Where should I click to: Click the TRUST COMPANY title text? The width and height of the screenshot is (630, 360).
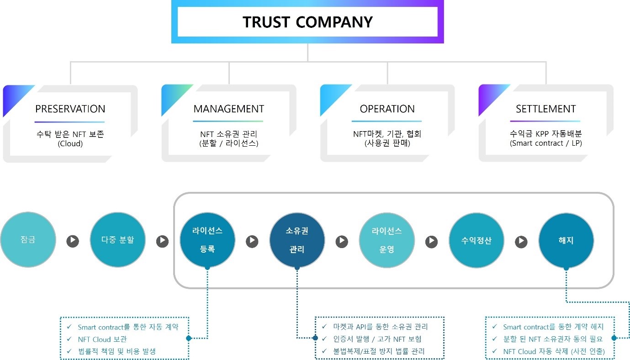point(307,22)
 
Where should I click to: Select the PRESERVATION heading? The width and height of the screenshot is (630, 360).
point(70,109)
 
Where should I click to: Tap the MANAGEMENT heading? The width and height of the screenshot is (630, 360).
point(228,109)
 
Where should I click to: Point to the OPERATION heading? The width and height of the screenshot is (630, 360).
point(387,109)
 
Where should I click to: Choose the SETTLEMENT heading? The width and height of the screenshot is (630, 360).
point(545,109)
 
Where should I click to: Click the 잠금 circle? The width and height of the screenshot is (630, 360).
point(28,240)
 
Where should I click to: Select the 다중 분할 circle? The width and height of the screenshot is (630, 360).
point(117,240)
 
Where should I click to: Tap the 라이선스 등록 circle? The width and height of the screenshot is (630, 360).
point(207,240)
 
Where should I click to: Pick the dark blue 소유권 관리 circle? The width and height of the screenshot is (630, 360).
point(297,240)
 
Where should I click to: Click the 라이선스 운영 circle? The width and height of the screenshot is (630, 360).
point(387,240)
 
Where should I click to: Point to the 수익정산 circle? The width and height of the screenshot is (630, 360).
point(476,240)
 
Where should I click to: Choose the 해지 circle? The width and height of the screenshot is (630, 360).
point(566,240)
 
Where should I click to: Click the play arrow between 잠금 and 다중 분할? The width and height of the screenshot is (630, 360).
point(73,241)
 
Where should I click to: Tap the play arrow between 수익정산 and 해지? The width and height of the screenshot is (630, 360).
point(521,241)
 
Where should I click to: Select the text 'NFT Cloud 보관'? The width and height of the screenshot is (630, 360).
point(102,339)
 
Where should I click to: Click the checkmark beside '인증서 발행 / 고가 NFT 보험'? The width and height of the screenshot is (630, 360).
point(324,339)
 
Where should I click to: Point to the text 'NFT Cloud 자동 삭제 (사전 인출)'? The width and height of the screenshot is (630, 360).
point(554,351)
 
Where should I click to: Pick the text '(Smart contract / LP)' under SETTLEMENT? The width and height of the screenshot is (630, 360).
point(545,143)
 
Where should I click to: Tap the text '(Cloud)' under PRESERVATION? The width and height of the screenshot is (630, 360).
point(70,143)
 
